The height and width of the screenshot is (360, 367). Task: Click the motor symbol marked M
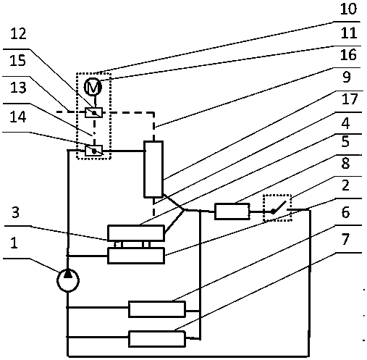coord(93,87)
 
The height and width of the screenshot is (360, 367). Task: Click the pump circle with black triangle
coord(68,280)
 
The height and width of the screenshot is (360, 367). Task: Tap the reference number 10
coord(348,9)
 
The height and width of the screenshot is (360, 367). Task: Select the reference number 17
coord(349,99)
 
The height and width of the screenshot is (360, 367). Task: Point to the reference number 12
coord(18,33)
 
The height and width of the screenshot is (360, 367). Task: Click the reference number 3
coord(15,212)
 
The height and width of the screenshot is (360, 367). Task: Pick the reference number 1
coord(14,243)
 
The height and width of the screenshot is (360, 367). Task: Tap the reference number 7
coord(345,239)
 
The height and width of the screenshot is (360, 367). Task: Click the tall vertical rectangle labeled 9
coord(153,169)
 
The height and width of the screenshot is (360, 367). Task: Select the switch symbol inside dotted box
coord(278,208)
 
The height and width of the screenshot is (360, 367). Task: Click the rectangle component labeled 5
coord(232,212)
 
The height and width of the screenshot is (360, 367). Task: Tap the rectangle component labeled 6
coord(157,309)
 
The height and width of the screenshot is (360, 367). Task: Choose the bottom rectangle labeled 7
coord(157,339)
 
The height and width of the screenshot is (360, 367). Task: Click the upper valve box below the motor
coord(93,112)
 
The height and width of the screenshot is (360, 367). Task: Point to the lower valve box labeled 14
coord(94,151)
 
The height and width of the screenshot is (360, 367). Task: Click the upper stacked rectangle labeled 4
coord(136,233)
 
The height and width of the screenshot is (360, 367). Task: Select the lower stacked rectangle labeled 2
coord(136,256)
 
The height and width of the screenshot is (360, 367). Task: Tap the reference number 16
coord(348,54)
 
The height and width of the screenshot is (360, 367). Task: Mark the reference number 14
coord(18,117)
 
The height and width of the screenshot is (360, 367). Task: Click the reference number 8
coord(345,163)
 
